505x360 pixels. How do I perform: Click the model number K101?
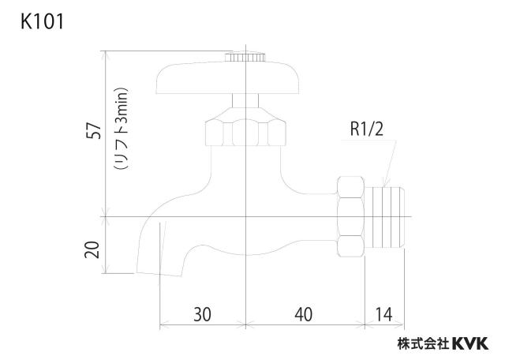(x=42, y=22)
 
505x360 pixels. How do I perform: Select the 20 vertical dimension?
(x=92, y=249)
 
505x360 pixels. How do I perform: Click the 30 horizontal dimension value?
(x=202, y=314)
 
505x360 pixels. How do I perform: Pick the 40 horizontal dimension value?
(x=303, y=314)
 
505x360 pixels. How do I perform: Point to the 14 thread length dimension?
(x=384, y=314)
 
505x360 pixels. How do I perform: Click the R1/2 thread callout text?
(x=367, y=129)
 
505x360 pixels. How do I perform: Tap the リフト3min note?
(x=122, y=128)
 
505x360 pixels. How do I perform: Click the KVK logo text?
(x=470, y=343)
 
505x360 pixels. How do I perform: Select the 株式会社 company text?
(x=424, y=343)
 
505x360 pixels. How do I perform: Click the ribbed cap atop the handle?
(x=245, y=56)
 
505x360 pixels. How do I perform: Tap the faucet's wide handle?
(x=228, y=78)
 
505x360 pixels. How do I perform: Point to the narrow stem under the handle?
(x=245, y=100)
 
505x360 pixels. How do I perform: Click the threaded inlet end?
(x=384, y=217)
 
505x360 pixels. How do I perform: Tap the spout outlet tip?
(x=159, y=274)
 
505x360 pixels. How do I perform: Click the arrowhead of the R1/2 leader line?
(x=385, y=183)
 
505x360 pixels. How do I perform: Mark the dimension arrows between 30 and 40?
(x=245, y=324)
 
